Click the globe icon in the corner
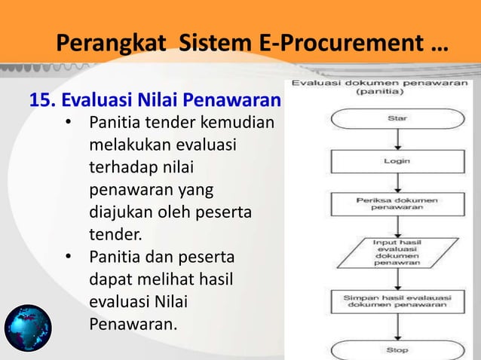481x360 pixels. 28,329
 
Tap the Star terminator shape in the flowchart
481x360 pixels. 397,118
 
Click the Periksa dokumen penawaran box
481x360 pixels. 397,203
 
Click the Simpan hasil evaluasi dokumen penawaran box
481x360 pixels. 397,302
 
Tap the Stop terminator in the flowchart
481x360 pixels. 397,350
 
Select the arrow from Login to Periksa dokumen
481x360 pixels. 397,182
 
